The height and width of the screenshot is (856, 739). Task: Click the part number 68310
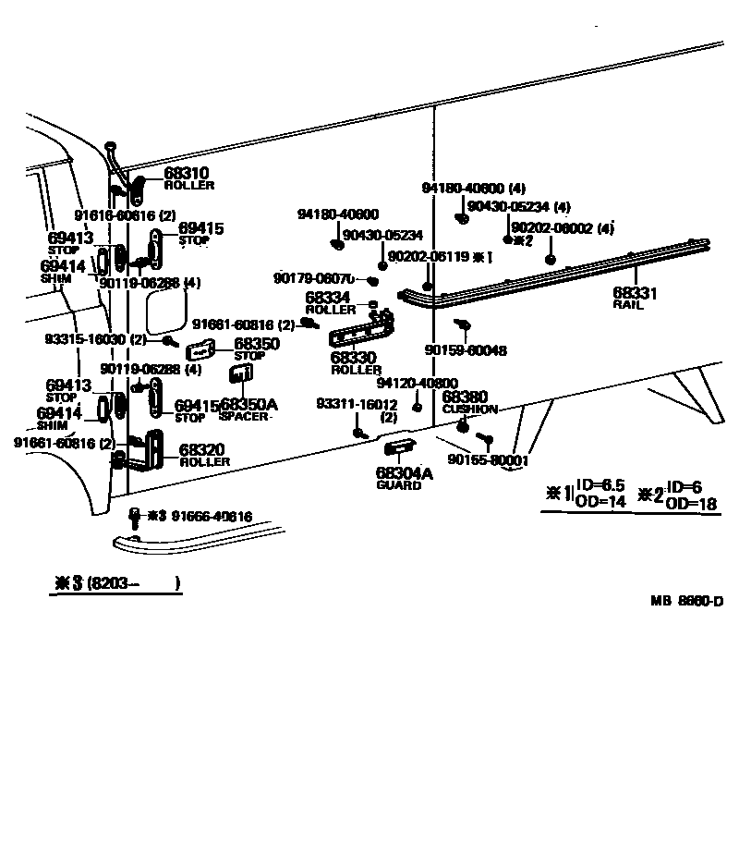pos(187,173)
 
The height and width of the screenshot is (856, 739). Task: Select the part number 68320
pos(201,449)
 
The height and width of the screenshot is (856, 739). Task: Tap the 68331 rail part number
pos(635,293)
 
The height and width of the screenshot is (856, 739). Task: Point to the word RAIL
pos(627,304)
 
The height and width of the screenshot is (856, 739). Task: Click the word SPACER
pos(244,417)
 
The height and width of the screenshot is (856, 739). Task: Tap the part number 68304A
pos(404,473)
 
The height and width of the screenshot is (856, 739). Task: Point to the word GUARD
pos(398,485)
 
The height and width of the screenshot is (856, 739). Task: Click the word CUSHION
pos(469,409)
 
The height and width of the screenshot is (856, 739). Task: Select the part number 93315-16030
pos(86,339)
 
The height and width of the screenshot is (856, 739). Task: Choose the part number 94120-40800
pos(417,383)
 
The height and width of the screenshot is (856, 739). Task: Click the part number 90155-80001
pos(488,459)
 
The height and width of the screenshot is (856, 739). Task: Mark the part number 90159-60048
pos(466,350)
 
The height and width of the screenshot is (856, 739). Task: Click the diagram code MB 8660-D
pos(686,602)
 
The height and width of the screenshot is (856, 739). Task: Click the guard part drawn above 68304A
pos(399,448)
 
